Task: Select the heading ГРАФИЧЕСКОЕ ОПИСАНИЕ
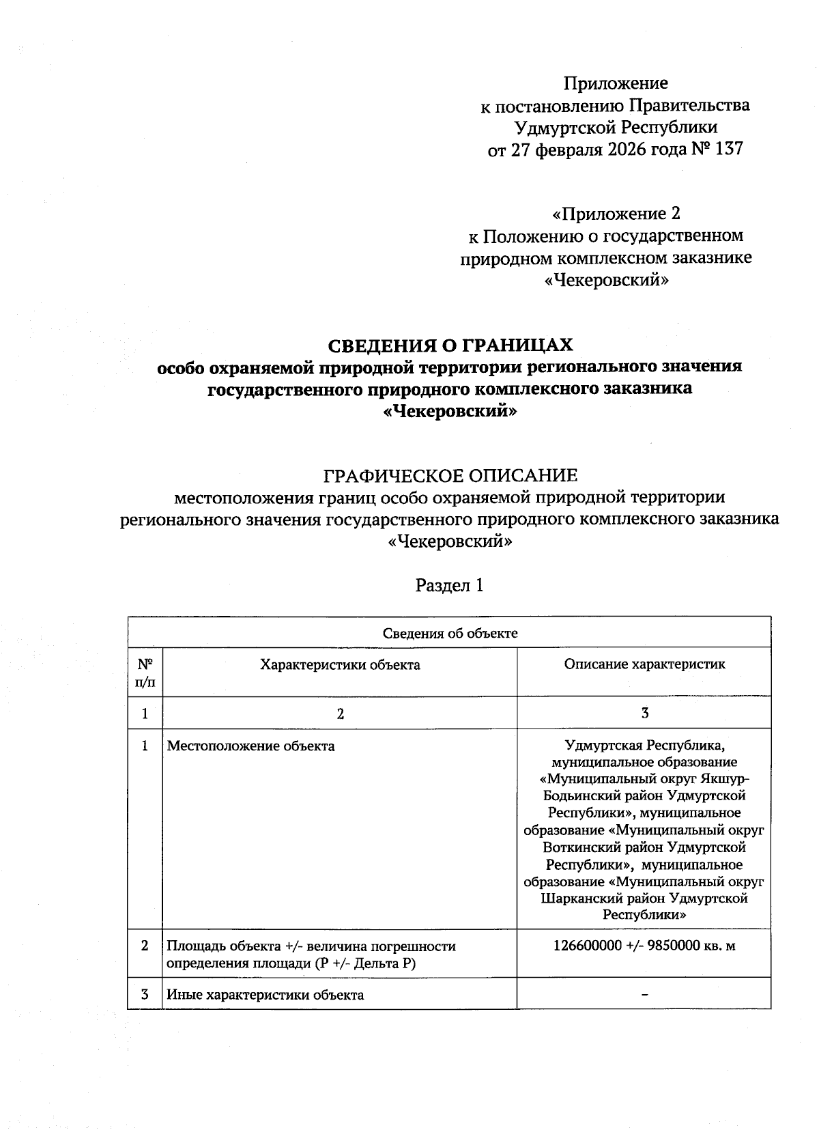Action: pos(450,475)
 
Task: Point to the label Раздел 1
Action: pos(450,585)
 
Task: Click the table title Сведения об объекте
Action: pos(450,633)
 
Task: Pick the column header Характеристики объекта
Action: pos(340,664)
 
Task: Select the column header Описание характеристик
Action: pos(644,664)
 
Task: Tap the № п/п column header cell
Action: pos(145,672)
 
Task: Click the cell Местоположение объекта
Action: pos(251,746)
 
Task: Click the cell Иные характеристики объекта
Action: pos(265,995)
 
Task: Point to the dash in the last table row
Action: pos(644,995)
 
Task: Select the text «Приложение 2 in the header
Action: pos(616,214)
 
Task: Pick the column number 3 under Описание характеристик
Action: pos(644,713)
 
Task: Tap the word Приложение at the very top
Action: pos(616,83)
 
